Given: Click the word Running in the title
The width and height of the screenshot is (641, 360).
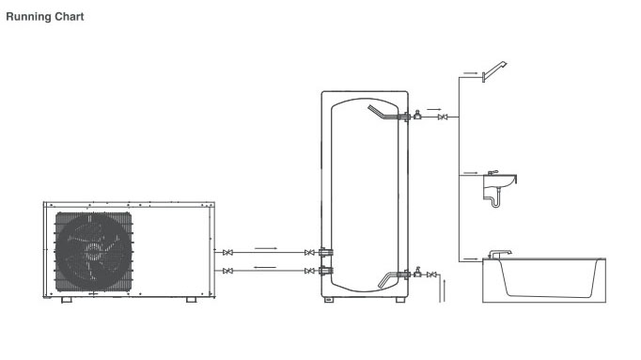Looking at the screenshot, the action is (x=28, y=17).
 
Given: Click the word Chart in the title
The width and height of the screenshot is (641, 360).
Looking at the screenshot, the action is (x=69, y=16).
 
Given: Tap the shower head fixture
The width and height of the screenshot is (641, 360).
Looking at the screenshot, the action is (x=494, y=71).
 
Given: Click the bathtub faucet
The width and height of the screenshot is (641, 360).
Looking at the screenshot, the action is (x=500, y=254).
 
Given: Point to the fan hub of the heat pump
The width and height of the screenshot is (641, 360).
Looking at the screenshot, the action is (x=94, y=250).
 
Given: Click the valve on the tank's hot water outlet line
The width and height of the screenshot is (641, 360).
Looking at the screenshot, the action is (x=442, y=117).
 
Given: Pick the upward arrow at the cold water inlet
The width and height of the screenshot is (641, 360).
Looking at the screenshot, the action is (x=444, y=290).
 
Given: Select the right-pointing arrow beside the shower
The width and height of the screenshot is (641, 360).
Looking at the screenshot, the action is (x=471, y=73).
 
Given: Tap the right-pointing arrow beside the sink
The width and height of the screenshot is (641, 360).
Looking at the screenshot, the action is (x=471, y=173).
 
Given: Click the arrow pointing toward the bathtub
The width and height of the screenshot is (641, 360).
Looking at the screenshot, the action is (x=471, y=258).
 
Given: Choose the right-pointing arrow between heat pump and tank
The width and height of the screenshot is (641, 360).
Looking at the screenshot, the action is (x=266, y=248).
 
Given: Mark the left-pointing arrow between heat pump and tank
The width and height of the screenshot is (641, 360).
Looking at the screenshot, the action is (x=265, y=267).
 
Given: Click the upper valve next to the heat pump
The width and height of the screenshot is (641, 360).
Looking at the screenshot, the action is (x=228, y=253).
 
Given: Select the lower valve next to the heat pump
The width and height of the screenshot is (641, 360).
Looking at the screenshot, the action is (x=228, y=271).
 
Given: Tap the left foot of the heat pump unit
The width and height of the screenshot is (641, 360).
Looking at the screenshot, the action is (x=66, y=300).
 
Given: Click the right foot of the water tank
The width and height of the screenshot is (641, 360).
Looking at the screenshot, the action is (x=400, y=300).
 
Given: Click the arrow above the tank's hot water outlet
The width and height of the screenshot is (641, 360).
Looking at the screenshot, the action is (x=434, y=109).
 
